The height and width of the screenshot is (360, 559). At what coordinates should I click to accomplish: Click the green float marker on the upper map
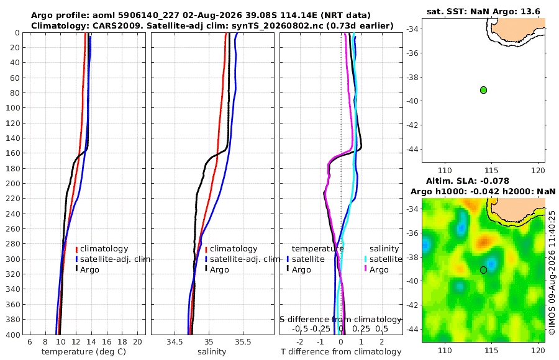pos(483,90)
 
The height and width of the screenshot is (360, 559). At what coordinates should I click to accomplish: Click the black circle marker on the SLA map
pos(483,270)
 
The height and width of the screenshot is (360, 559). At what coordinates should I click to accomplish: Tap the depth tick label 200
pos(12,183)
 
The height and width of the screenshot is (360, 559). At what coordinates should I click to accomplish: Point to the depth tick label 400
pos(12,335)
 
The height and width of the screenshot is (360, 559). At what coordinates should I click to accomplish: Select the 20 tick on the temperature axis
pos(137,342)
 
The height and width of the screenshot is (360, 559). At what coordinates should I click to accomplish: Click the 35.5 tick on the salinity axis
pos(243,342)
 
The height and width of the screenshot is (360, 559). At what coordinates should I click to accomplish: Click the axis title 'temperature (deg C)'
pos(84,352)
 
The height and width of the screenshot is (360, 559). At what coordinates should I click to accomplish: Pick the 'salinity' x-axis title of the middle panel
pos(212,352)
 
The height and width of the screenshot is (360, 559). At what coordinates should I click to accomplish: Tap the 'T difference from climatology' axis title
pos(341,352)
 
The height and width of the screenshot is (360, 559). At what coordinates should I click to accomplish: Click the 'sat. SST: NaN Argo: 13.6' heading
pos(483,11)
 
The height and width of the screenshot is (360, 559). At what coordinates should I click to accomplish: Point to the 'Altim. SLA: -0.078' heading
pos(467,181)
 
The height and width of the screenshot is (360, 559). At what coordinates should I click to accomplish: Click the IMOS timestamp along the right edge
pos(552,272)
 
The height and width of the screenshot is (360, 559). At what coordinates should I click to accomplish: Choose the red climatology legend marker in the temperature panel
pos(76,249)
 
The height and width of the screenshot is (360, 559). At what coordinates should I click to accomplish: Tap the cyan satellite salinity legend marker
pos(366,259)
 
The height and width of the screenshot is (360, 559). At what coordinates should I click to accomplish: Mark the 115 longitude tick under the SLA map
pos(492,350)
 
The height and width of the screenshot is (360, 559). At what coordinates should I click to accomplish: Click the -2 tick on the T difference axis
pos(299,342)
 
